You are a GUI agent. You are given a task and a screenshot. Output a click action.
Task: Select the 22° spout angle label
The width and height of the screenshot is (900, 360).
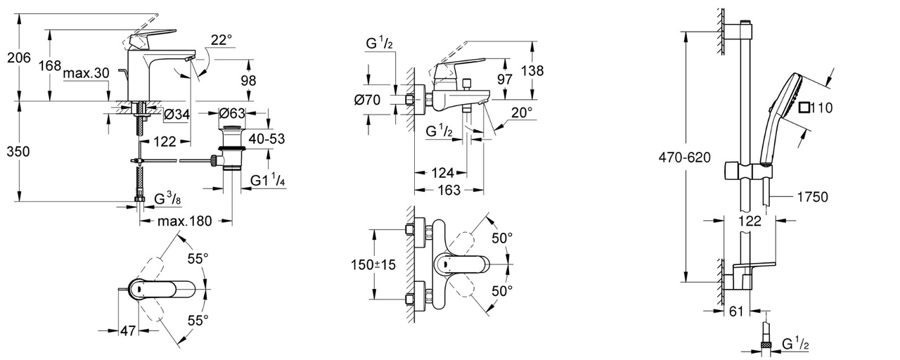pyautogui.click(x=221, y=41)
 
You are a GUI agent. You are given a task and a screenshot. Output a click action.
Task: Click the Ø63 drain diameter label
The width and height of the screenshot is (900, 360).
pyautogui.click(x=231, y=114)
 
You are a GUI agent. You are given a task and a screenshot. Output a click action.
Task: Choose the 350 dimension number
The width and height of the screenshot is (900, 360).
pyautogui.click(x=17, y=150)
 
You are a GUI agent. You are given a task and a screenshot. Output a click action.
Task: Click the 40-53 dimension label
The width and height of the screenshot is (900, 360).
pyautogui.click(x=266, y=139)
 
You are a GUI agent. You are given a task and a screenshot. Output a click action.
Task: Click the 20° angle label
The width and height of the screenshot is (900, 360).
pyautogui.click(x=521, y=112)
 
